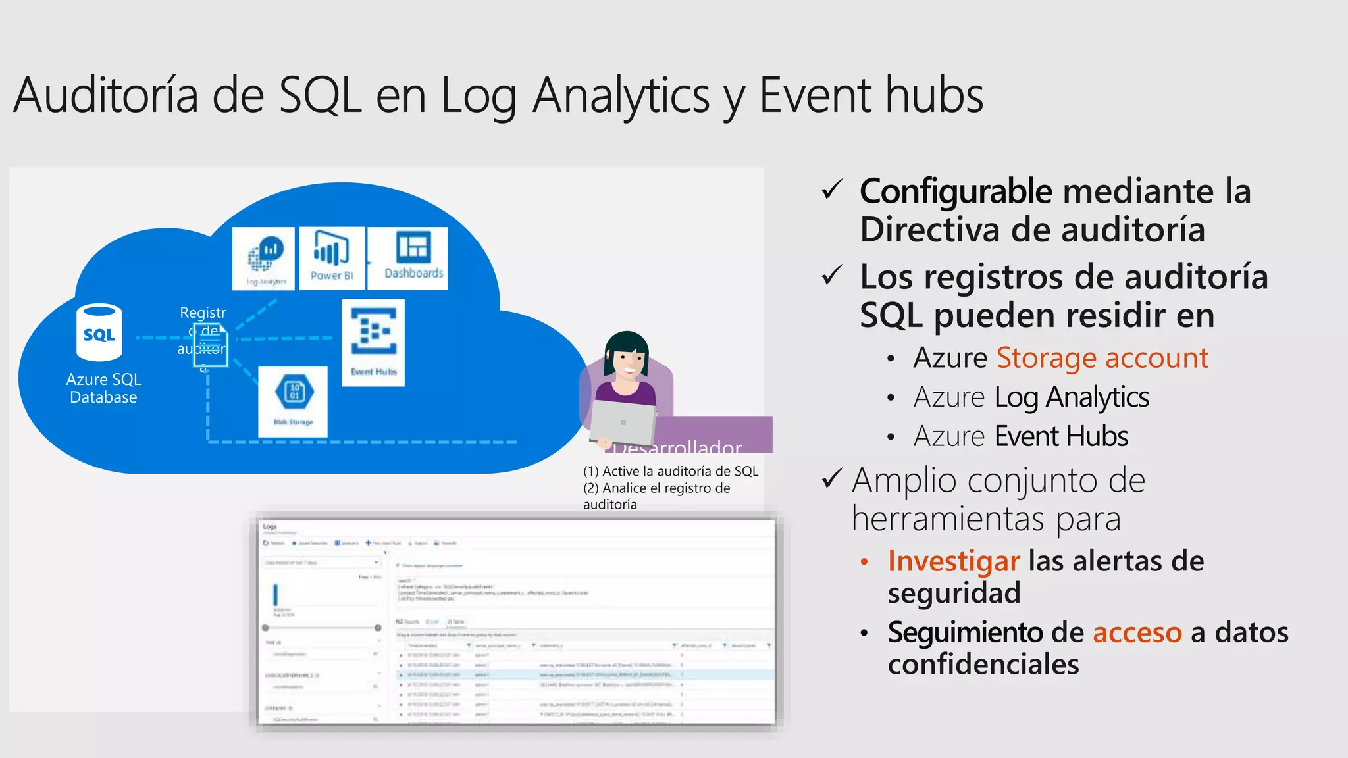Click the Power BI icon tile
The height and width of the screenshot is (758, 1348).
[x=332, y=257]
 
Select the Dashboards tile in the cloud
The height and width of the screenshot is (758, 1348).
[x=407, y=257]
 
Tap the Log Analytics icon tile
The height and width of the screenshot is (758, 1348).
[x=264, y=257]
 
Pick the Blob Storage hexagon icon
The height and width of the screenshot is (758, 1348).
[x=294, y=392]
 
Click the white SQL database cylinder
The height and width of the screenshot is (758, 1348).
[x=99, y=333]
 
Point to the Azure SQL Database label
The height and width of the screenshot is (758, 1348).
[x=103, y=388]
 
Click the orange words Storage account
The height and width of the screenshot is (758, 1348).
[x=1102, y=358]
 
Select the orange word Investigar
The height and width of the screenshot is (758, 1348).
[x=953, y=561]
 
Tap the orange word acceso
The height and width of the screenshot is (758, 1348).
[x=1137, y=632]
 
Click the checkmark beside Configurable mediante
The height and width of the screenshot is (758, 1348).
[x=833, y=190]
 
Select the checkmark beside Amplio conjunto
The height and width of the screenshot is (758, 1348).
[x=833, y=478]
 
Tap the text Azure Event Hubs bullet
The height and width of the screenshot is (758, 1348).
[x=1020, y=436]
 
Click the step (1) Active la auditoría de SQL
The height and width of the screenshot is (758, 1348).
[x=670, y=471]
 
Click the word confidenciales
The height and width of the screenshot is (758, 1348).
[x=983, y=665]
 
